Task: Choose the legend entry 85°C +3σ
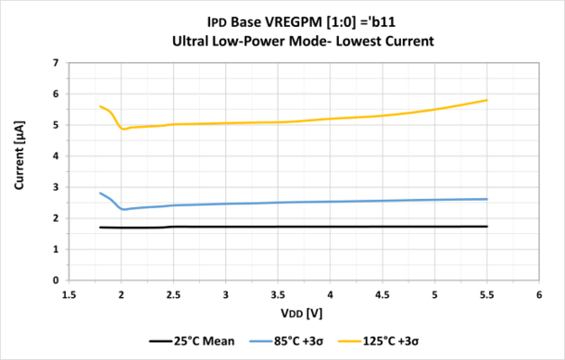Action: click(x=295, y=341)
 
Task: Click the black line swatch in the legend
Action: click(x=159, y=341)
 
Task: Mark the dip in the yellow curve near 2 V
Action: click(x=124, y=129)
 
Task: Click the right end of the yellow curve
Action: click(x=486, y=100)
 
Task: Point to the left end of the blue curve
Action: click(x=100, y=192)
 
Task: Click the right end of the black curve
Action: click(x=486, y=227)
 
